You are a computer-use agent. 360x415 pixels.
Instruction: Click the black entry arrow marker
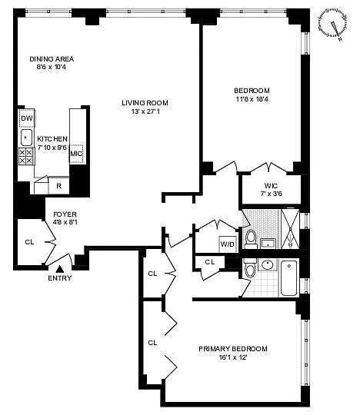[60, 269]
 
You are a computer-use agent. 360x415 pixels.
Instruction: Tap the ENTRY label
[60, 278]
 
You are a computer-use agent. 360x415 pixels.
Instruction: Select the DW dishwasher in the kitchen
[27, 118]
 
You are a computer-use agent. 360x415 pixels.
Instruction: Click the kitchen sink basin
[26, 138]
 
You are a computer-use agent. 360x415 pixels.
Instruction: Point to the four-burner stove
[26, 157]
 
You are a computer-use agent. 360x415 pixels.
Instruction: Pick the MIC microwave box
[77, 154]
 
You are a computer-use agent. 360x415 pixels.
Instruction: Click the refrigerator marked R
[58, 186]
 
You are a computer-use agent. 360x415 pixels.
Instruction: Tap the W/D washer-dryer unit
[228, 244]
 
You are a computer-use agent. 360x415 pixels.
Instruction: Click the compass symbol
[333, 24]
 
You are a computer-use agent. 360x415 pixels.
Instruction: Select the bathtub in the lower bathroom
[289, 278]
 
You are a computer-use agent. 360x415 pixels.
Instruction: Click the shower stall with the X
[290, 229]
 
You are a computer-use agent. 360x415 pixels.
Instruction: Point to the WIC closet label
[271, 185]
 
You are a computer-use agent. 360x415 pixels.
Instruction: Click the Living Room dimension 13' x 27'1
[145, 111]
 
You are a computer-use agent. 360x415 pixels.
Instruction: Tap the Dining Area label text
[52, 58]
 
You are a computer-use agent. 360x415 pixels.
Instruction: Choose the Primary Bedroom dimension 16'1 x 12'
[233, 357]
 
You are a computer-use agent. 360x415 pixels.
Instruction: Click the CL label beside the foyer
[29, 242]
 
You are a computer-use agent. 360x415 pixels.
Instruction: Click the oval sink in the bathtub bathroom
[267, 264]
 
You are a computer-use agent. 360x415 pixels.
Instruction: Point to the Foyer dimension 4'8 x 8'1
[65, 222]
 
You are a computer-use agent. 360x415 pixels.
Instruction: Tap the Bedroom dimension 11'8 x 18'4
[252, 99]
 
